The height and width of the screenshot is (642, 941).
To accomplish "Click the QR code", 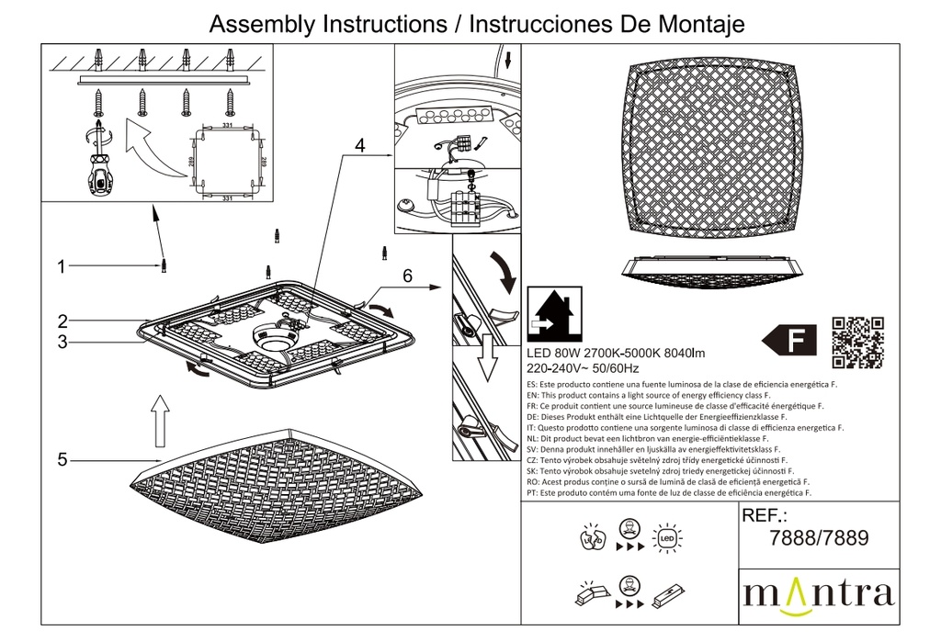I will (857, 341).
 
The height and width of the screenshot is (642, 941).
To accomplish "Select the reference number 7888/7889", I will (817, 539).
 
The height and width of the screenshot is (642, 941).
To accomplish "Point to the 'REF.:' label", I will (765, 516).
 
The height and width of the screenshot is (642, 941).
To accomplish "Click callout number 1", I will (62, 267).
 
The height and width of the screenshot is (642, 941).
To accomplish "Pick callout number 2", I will (62, 321).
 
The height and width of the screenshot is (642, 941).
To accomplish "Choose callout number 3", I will (62, 343).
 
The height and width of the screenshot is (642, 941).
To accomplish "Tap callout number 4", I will (360, 146).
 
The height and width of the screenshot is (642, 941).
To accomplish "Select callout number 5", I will (62, 459).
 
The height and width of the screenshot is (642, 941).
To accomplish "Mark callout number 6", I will (408, 275).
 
